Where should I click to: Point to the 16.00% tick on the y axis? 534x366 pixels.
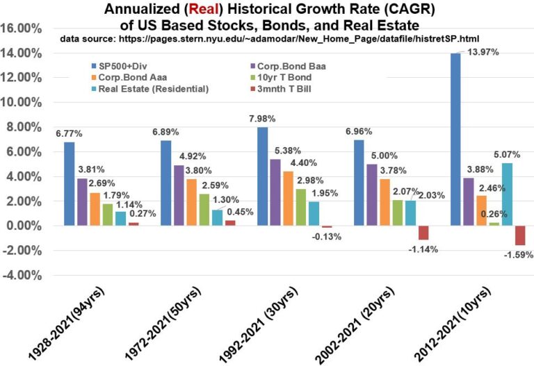29,28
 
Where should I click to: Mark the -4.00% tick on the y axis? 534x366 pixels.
29,275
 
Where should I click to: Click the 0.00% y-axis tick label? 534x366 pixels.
31,226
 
